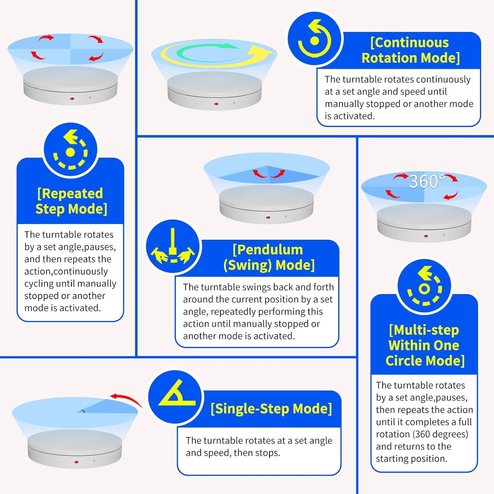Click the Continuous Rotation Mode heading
[410, 50]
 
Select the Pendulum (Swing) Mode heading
[268, 257]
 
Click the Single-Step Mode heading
[271, 409]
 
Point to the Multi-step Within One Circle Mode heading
[424, 345]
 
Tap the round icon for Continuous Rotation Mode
[315, 39]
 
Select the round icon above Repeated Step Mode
[70, 150]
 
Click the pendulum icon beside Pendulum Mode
[173, 246]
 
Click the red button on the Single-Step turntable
[76, 462]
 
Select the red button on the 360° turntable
[426, 236]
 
